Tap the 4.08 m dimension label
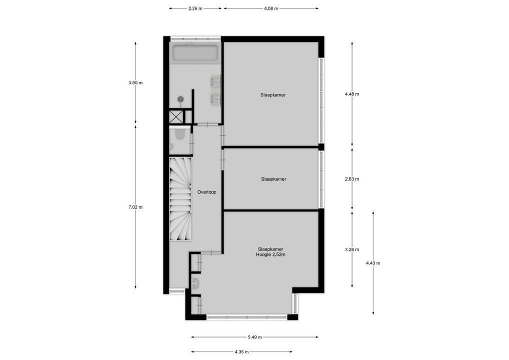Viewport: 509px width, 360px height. [271, 8]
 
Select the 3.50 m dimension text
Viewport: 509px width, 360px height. [135, 82]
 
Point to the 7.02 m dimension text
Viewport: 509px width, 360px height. [135, 207]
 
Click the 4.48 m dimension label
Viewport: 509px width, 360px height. [352, 94]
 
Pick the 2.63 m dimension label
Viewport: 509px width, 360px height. [352, 178]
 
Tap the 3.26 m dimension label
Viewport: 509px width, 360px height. [352, 249]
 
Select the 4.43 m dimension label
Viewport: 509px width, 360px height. [373, 263]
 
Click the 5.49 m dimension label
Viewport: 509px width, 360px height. [255, 337]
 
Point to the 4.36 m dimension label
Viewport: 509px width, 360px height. [241, 351]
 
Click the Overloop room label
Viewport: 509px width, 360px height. [206, 192]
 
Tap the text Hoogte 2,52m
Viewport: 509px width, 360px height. [270, 254]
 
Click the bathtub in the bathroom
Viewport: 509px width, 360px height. [194, 53]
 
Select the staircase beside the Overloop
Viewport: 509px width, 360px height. [180, 198]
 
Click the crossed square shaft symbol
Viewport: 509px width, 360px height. [176, 117]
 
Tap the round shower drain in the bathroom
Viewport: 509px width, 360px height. [180, 99]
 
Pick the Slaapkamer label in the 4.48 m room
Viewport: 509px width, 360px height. [273, 94]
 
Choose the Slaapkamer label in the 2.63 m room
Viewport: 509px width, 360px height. [273, 178]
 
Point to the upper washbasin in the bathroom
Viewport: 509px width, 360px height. [215, 81]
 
